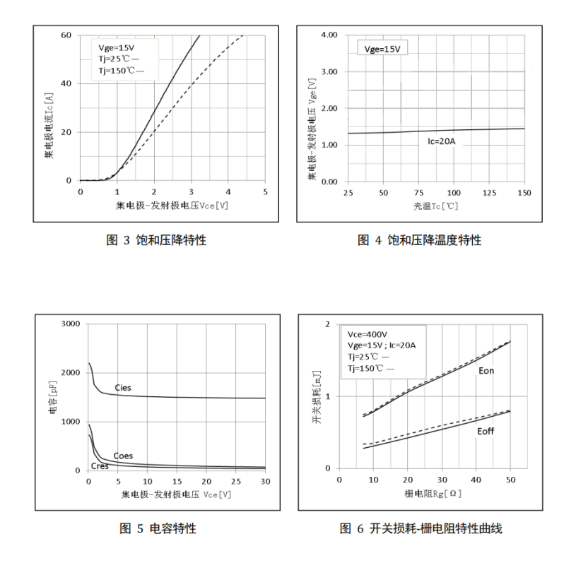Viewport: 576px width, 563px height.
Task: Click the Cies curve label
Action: (x=122, y=388)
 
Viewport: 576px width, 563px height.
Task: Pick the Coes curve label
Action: (x=123, y=456)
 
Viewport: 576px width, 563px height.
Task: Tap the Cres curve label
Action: (x=100, y=466)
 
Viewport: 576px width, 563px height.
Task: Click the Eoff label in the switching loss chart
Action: (x=486, y=431)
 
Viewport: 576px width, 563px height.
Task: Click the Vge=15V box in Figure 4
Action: (x=382, y=49)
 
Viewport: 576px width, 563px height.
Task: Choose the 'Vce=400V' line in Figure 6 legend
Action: (x=368, y=333)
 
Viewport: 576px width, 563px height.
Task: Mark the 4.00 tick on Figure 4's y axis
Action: (x=329, y=35)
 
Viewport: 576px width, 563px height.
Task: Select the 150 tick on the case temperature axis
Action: (x=524, y=193)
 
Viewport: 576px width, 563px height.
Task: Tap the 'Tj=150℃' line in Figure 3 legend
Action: (x=121, y=71)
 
